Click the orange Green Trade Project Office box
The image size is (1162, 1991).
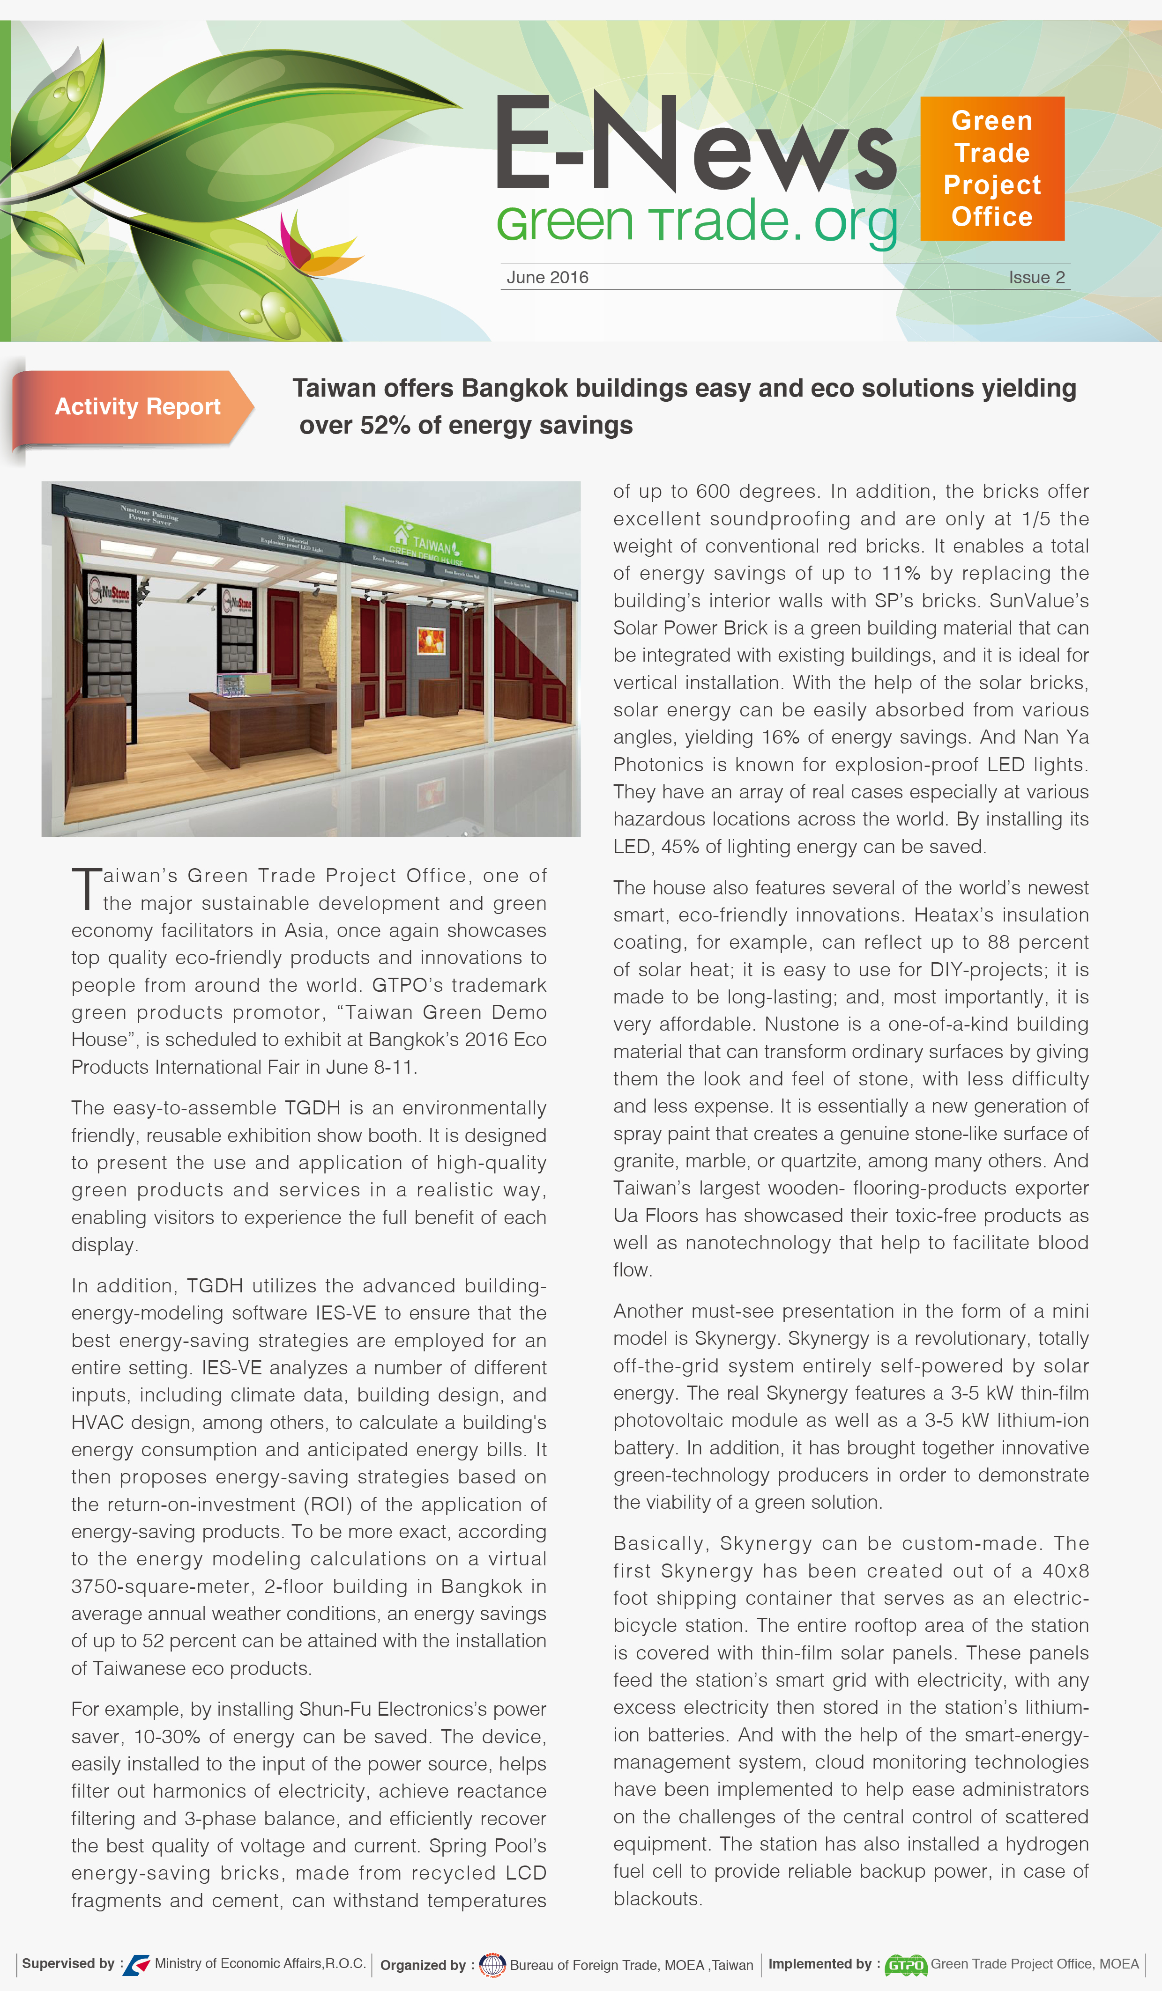[992, 168]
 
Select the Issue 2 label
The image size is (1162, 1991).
[1036, 277]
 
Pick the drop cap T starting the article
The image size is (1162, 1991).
[86, 888]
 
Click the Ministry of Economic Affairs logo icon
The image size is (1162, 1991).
[137, 1964]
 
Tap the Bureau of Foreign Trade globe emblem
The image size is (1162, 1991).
[492, 1965]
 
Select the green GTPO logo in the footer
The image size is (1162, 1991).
[905, 1965]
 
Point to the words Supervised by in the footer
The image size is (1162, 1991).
[68, 1963]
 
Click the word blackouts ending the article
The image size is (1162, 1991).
[656, 1899]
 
